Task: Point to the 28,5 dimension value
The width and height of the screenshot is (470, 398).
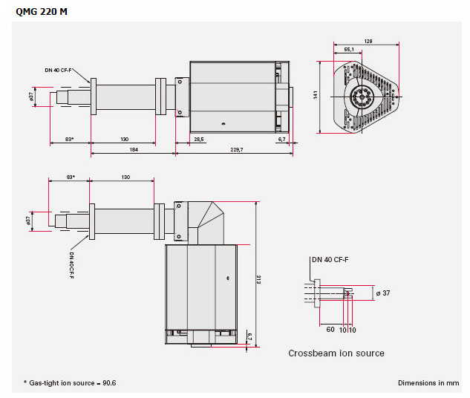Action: coord(199,139)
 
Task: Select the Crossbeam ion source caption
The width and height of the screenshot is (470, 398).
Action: coord(336,353)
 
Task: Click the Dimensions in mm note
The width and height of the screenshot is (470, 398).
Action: coord(428,383)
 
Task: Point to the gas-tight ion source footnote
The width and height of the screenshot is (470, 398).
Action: coord(72,383)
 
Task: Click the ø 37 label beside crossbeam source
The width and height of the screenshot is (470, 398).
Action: coord(383,293)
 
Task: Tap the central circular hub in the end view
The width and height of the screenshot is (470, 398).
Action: coord(362,97)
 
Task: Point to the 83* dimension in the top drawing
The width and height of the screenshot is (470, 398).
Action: coord(69,139)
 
